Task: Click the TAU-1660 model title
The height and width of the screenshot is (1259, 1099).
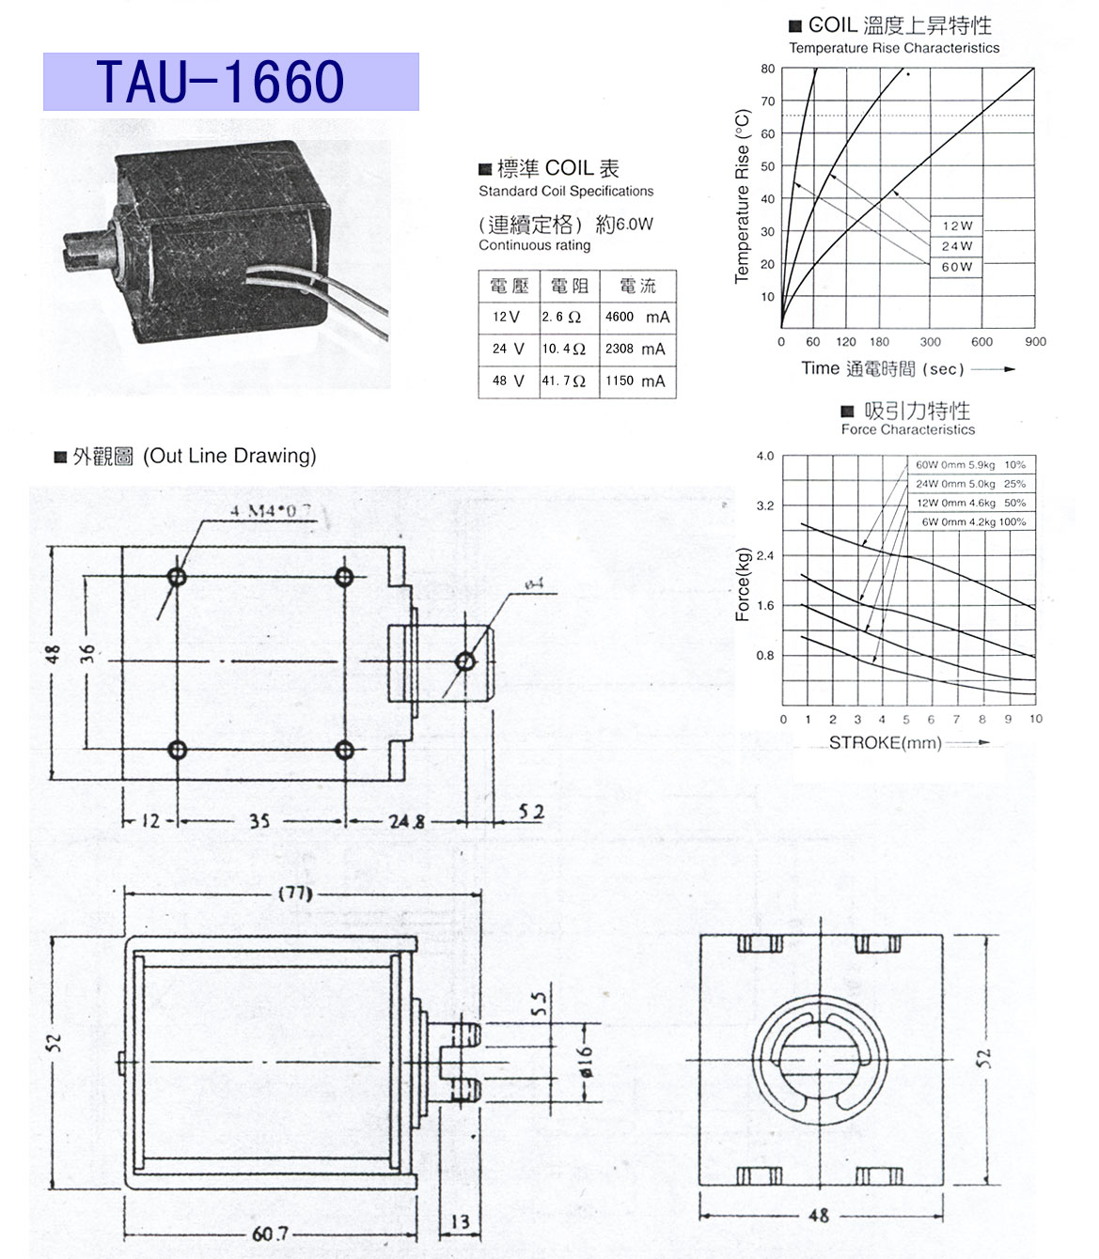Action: coord(221,82)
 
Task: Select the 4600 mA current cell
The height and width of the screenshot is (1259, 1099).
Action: coord(636,318)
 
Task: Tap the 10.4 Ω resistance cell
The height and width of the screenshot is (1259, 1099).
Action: coord(564,349)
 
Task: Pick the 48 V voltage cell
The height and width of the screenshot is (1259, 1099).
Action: coord(508,381)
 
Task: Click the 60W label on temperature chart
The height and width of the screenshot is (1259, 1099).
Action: coord(957,267)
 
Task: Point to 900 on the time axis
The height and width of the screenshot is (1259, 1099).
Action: coord(1035,342)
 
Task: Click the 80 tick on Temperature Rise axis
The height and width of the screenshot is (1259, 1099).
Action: coord(768,69)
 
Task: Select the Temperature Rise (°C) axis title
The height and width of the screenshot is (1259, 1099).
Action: coord(743,196)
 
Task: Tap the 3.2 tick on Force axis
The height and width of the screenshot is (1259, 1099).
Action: coord(765,505)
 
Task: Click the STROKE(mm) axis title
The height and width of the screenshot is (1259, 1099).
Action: coord(885,743)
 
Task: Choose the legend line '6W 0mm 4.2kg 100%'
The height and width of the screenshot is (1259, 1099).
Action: coord(973,521)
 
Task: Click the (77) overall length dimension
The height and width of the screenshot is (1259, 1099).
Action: coord(294,894)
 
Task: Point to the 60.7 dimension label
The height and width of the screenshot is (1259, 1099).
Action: coord(270,1234)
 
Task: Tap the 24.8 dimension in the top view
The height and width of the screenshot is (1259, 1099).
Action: coord(406,821)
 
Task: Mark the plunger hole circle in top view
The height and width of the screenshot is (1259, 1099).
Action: coord(464,661)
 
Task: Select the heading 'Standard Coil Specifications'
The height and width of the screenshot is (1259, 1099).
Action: coord(566,192)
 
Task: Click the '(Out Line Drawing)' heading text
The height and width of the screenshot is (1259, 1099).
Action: coord(229,457)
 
